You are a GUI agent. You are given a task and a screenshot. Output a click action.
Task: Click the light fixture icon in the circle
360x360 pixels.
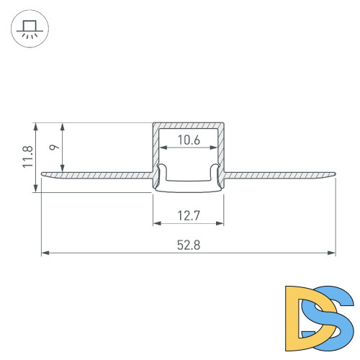29,30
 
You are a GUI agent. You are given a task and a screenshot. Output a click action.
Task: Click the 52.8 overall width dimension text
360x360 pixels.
188,245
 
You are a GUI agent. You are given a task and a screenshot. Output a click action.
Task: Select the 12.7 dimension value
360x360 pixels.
188,214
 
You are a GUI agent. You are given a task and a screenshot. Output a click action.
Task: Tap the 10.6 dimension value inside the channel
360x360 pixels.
188,140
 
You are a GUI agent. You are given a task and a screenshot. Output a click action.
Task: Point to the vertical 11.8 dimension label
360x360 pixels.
27,157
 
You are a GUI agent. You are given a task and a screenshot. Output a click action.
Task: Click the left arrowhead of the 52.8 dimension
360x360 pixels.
45,253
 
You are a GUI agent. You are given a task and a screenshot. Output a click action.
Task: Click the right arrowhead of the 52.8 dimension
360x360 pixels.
332,253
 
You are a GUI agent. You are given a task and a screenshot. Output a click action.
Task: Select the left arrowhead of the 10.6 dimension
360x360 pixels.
162,148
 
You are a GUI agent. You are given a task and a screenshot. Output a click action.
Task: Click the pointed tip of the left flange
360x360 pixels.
42,173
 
